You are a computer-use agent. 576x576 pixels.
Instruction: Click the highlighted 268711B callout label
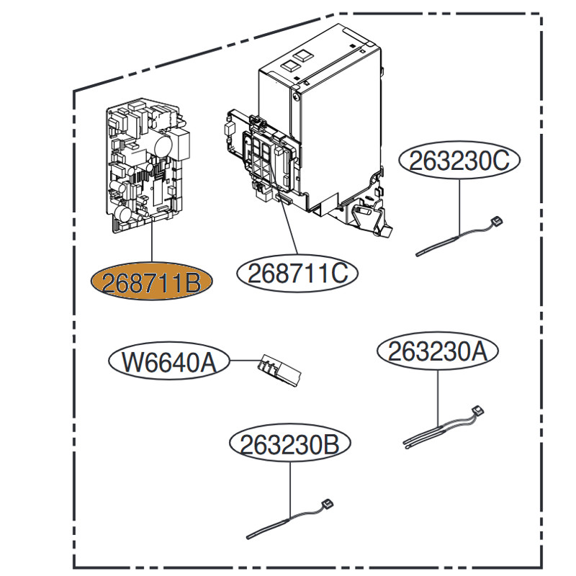[x=150, y=282]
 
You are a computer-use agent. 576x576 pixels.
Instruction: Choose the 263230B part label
[x=289, y=444]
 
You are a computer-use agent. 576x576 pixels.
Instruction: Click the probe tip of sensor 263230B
[x=251, y=534]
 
